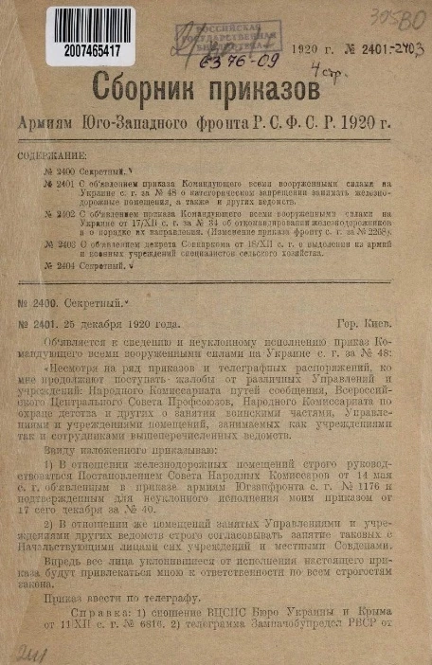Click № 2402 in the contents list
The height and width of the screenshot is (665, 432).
tap(60, 216)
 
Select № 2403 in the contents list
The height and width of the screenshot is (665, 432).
tap(60, 243)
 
